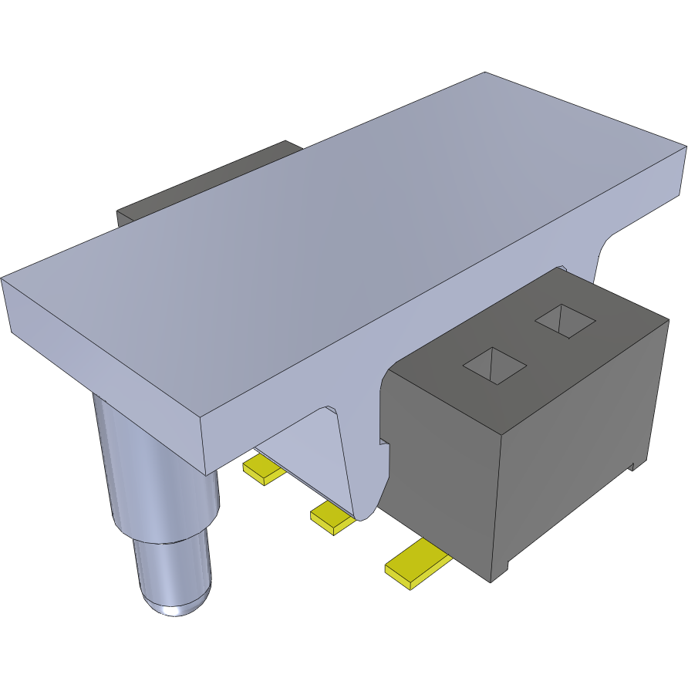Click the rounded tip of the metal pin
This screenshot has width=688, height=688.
tap(176, 602)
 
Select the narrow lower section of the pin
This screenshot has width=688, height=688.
tap(171, 567)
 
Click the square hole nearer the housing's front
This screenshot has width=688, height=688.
tap(494, 365)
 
